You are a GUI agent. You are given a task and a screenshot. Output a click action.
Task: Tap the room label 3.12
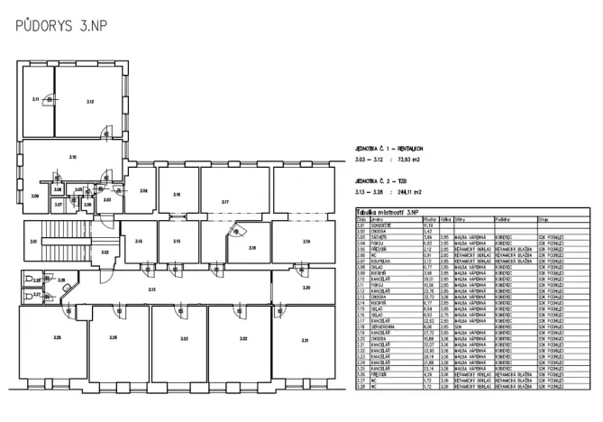coord(90,102)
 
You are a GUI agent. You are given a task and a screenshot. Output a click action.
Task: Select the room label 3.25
coord(56,338)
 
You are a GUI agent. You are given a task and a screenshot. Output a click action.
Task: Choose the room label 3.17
coord(225,202)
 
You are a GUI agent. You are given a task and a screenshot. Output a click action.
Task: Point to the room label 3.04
coord(142,191)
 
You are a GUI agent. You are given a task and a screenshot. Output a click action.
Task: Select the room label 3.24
coord(113,338)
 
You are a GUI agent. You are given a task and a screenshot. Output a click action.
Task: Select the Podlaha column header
coord(503,218)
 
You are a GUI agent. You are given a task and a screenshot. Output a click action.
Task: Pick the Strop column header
coord(544,218)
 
